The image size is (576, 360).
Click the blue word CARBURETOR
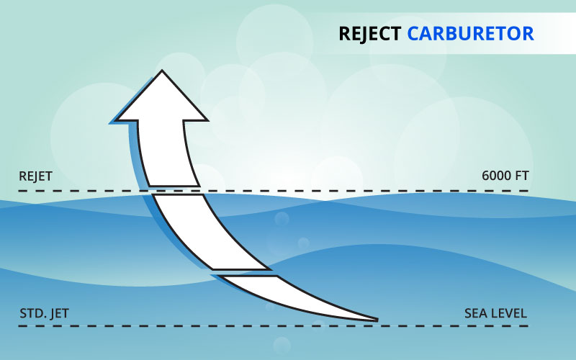(x=469, y=33)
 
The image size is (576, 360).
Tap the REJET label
(x=36, y=176)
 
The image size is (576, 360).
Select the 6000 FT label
(x=505, y=176)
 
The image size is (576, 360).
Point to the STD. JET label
(x=45, y=313)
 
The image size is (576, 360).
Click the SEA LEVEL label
(x=496, y=313)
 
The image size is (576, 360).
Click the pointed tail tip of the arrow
(x=374, y=318)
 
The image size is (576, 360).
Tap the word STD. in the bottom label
(x=32, y=313)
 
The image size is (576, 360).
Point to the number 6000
(x=496, y=176)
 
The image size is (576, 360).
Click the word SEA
(x=475, y=313)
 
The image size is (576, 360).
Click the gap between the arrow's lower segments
(x=245, y=273)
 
